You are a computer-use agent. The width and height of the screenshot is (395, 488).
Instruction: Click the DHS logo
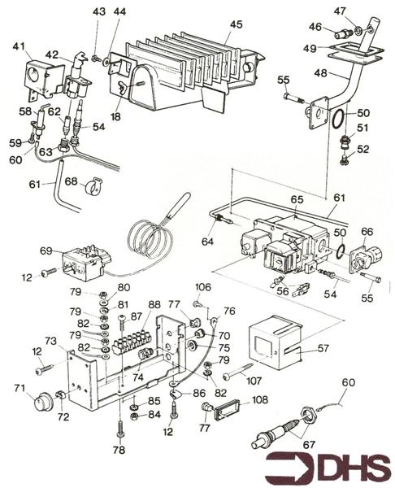[x=328, y=467]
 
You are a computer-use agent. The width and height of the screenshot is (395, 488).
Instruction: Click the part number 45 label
[x=237, y=24]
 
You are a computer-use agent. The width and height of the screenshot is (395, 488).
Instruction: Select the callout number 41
[x=19, y=46]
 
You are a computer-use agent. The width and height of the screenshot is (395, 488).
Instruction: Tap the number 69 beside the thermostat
[x=46, y=251]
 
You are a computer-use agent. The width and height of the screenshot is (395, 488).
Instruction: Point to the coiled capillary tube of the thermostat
[x=151, y=239]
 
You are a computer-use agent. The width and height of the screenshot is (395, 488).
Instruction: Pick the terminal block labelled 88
[x=132, y=343]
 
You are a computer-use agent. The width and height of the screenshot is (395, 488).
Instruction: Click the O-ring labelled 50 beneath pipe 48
[x=338, y=120]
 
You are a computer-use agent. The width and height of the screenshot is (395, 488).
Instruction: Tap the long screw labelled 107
[x=239, y=371]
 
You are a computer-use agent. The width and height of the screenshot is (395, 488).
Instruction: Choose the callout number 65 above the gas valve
[x=297, y=199]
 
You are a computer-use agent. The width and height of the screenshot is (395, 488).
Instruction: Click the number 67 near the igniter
[x=309, y=445]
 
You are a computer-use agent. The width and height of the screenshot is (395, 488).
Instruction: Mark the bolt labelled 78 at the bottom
[x=120, y=429]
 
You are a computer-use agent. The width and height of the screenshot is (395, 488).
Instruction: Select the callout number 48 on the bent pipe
[x=320, y=73]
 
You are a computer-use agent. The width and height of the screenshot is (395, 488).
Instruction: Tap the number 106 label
[x=203, y=287]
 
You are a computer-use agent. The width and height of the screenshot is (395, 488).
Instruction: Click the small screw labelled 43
[x=96, y=58]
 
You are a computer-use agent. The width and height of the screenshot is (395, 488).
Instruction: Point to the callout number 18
[x=115, y=116]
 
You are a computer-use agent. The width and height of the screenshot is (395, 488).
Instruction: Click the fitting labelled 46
[x=343, y=33]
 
